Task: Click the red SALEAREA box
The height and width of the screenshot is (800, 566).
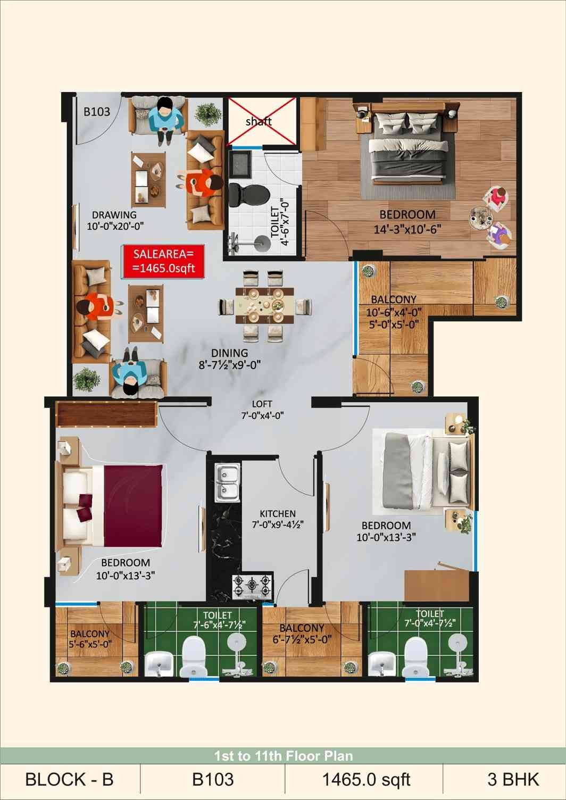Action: coord(164,261)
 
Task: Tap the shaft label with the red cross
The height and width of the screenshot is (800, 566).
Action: coord(259,122)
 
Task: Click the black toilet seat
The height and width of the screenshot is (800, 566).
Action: coord(248,195)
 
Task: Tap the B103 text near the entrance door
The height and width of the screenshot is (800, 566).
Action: coord(97,112)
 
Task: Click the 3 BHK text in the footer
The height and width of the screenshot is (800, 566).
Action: coord(513,780)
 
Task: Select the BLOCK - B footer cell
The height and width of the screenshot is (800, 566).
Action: coord(70,780)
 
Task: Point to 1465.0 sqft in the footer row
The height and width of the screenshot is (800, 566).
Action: coord(367,780)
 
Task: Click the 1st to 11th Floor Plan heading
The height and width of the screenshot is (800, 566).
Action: coord(284,756)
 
